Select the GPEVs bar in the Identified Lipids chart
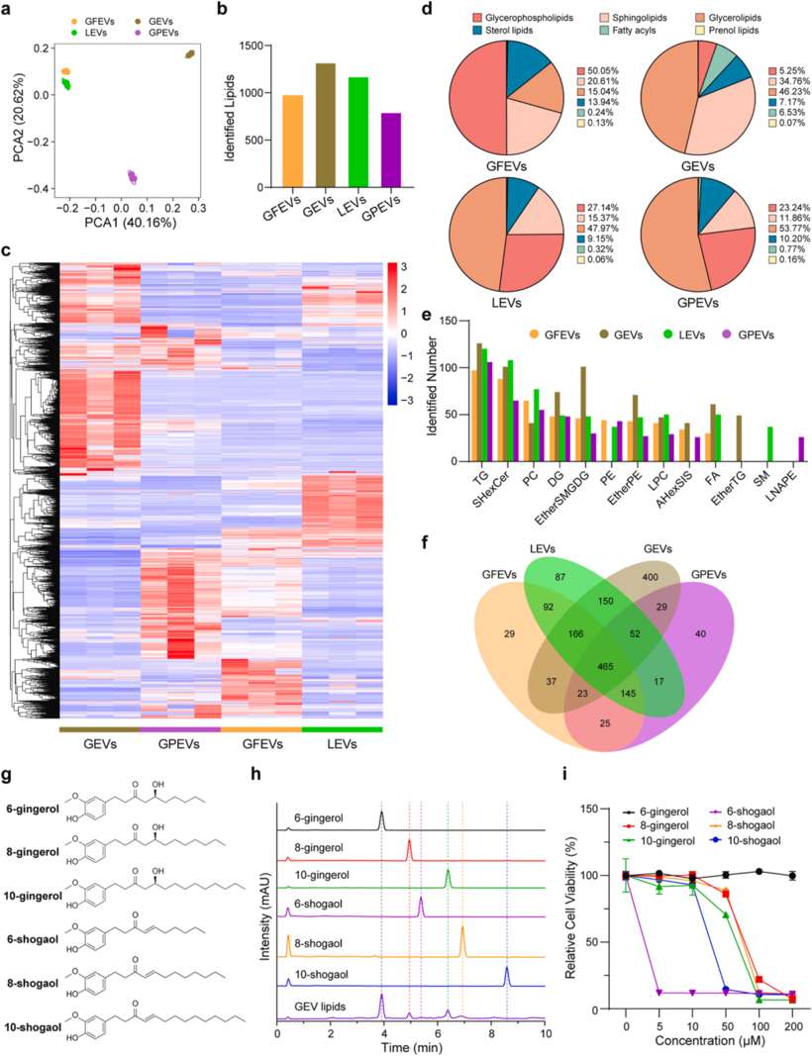pyautogui.click(x=407, y=151)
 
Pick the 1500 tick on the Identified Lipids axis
pyautogui.click(x=251, y=47)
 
